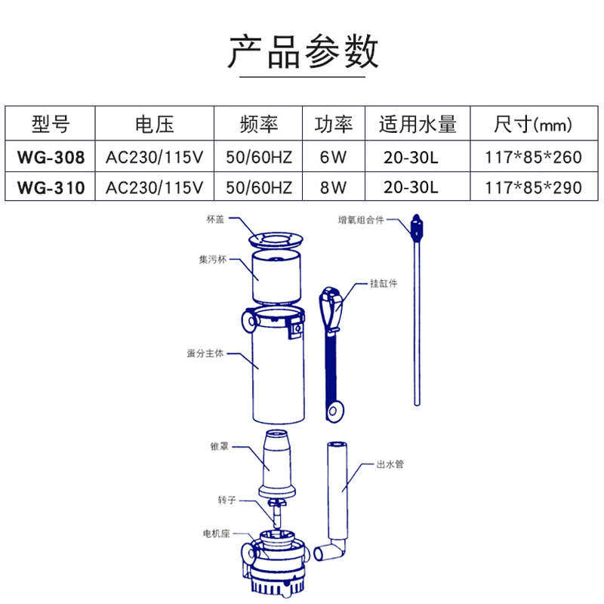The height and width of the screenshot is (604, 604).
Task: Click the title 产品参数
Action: point(302,53)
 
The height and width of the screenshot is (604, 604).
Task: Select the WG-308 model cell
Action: point(50,158)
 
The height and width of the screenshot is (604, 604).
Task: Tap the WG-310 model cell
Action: point(50,186)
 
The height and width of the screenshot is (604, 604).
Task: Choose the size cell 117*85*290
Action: point(535,186)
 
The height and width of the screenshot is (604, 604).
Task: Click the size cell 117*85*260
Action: point(535,158)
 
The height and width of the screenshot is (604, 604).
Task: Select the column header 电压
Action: point(154,125)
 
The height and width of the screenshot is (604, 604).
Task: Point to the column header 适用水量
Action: point(418,125)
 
